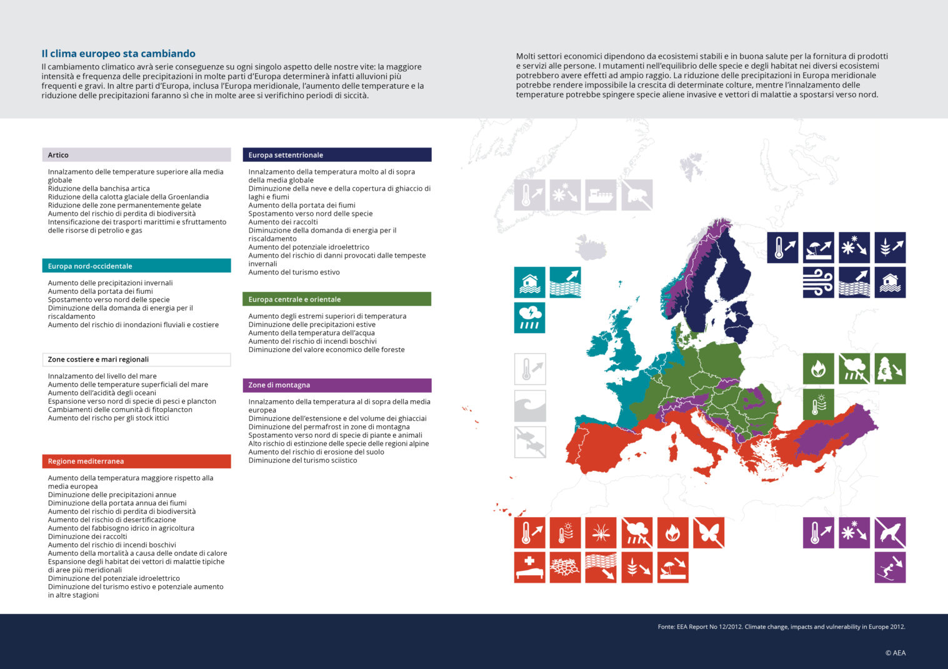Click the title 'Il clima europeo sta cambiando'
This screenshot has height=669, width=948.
[x=118, y=54]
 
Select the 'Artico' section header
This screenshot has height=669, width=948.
[x=136, y=155]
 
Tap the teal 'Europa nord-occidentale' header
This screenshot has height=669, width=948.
[x=136, y=266]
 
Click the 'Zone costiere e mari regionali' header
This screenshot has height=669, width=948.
[x=136, y=360]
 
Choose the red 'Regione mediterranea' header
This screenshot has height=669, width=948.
[x=136, y=461]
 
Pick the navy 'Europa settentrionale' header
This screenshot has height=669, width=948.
[x=337, y=155]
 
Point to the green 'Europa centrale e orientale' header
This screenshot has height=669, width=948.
[x=337, y=299]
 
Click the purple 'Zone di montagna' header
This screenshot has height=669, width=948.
[x=337, y=385]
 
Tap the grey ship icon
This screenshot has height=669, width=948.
[x=601, y=195]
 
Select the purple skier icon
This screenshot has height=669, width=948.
[x=890, y=568]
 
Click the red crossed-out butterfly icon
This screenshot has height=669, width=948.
[x=708, y=533]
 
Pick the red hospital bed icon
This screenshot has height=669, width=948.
[x=530, y=568]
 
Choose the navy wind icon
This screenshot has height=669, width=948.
[x=819, y=283]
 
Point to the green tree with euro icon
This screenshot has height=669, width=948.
[x=890, y=369]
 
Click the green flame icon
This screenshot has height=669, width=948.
[x=819, y=369]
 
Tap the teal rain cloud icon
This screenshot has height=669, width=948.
[x=530, y=318]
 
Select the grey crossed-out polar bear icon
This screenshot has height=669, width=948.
[x=637, y=195]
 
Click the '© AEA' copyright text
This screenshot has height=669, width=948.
[x=895, y=653]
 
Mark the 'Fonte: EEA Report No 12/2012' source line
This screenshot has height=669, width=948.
[x=781, y=626]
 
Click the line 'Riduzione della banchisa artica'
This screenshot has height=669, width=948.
[x=99, y=188]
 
